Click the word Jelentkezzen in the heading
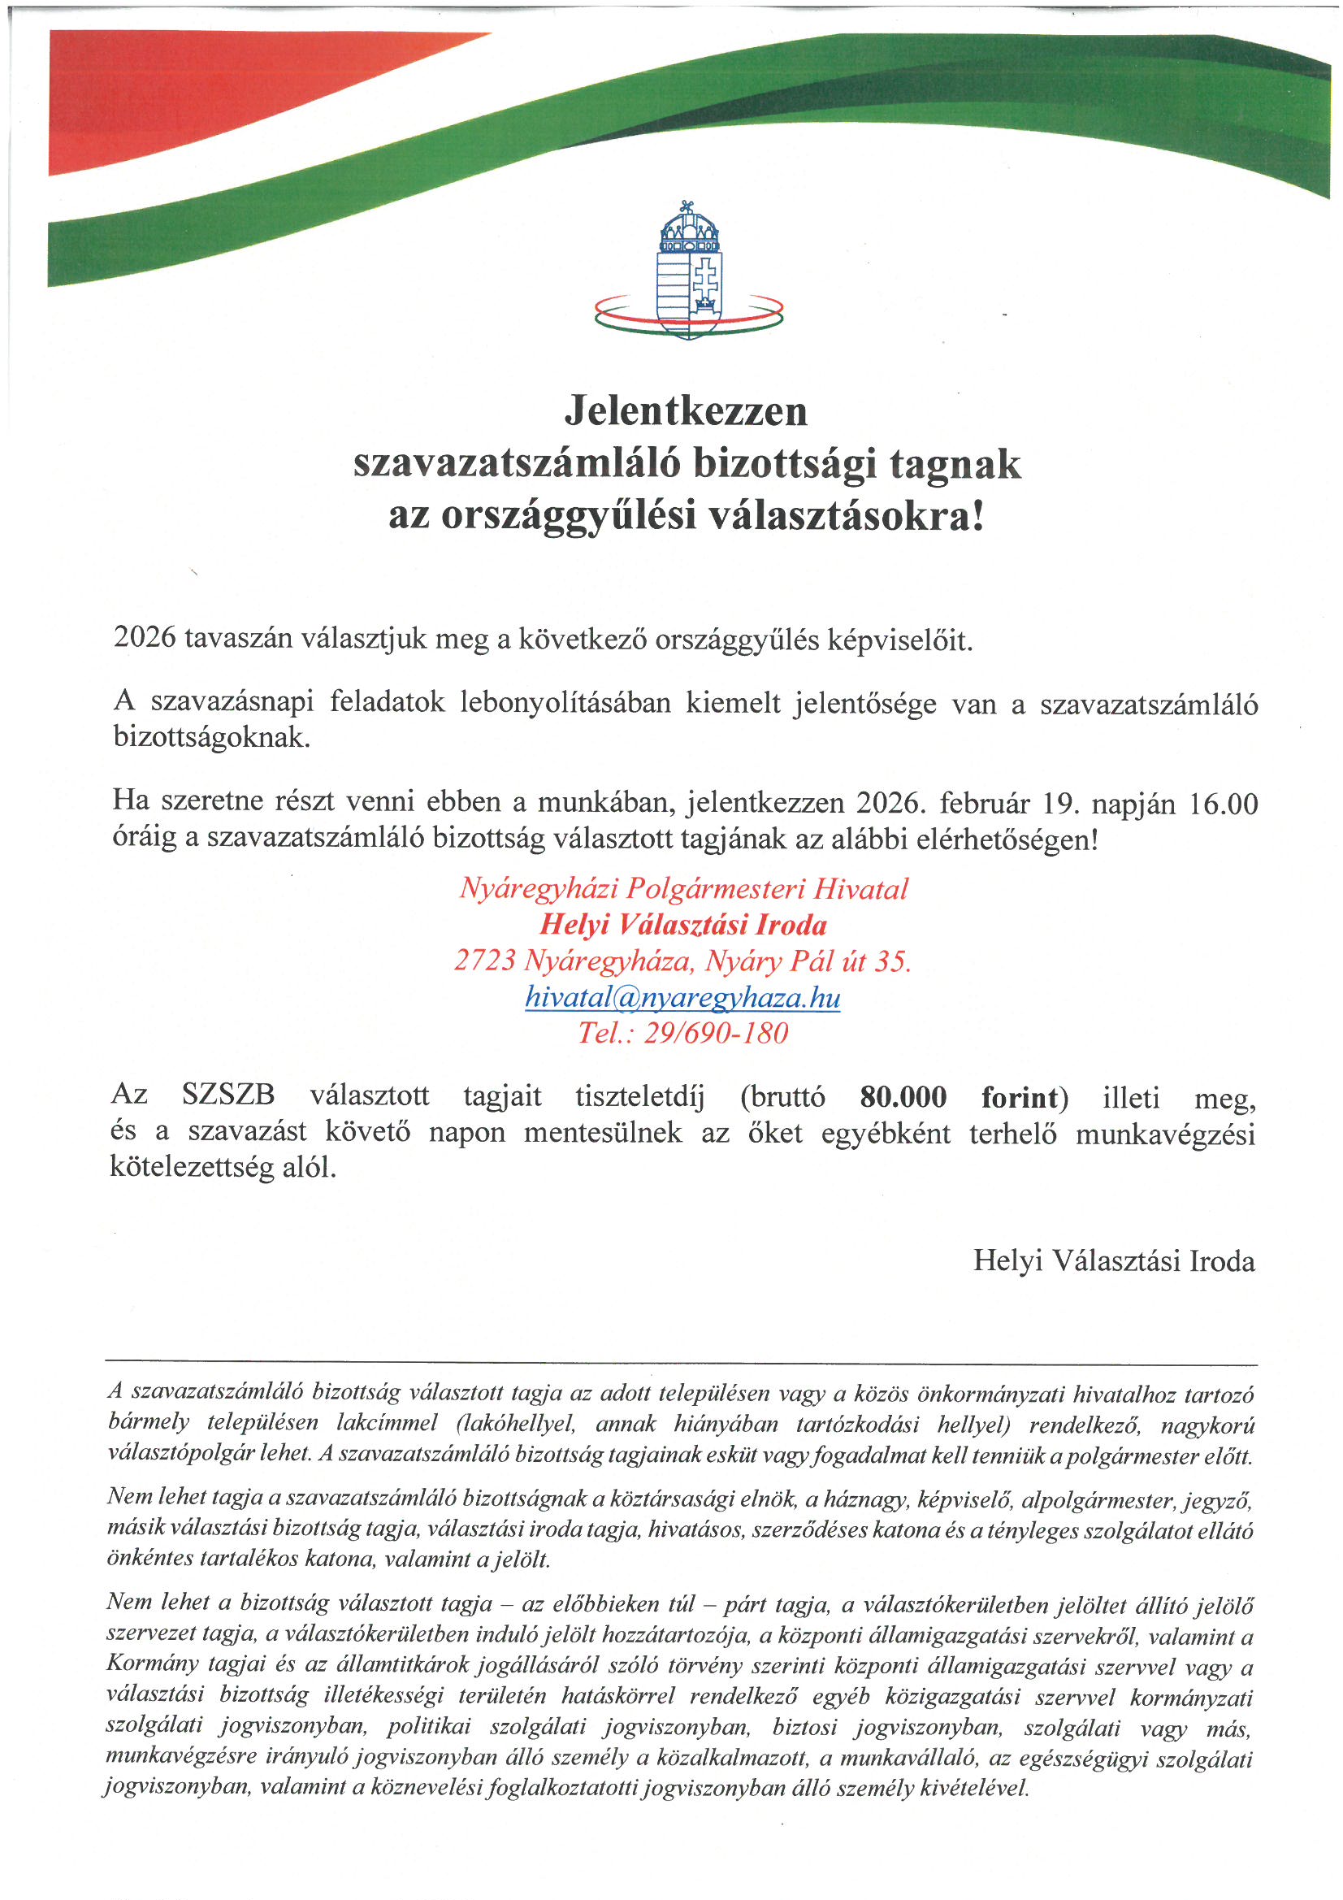coord(686,410)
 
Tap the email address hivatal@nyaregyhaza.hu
coord(682,997)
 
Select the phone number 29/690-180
coord(716,1033)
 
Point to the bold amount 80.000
coord(903,1097)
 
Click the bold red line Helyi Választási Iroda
coord(683,924)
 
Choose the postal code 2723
coord(485,961)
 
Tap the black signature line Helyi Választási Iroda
coord(1114,1260)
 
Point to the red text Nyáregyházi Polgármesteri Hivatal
coord(683,889)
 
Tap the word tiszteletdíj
coord(639,1097)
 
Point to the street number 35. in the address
coord(893,961)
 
